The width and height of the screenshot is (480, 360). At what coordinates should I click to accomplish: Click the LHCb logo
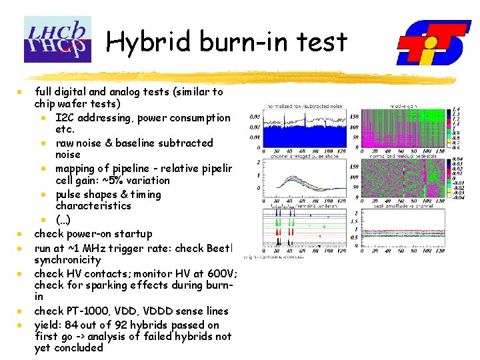click(x=57, y=39)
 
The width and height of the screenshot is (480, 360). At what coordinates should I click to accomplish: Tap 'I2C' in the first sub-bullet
click(x=65, y=118)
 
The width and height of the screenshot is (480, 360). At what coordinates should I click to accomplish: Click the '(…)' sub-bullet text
click(x=63, y=220)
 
